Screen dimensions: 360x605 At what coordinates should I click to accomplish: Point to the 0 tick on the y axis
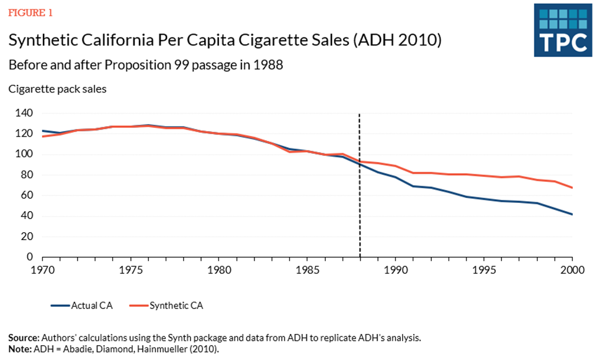[29, 257]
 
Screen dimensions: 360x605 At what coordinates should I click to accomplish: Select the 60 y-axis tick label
[26, 196]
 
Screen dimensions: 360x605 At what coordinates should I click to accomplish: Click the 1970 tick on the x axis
[42, 270]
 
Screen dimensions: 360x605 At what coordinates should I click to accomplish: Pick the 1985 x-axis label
[307, 270]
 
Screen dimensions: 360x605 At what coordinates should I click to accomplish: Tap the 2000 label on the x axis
[571, 270]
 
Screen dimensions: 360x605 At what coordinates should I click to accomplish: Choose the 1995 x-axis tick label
[483, 270]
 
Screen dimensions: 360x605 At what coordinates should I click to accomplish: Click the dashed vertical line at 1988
[360, 186]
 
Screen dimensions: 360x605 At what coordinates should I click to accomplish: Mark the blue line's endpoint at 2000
[571, 215]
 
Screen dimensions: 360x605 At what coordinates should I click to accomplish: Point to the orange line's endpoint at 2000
[571, 187]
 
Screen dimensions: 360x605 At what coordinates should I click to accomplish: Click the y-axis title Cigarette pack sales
[57, 89]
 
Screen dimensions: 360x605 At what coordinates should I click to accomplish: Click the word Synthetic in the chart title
[44, 41]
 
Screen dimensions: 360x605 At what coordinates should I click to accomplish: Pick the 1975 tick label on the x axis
[130, 270]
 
